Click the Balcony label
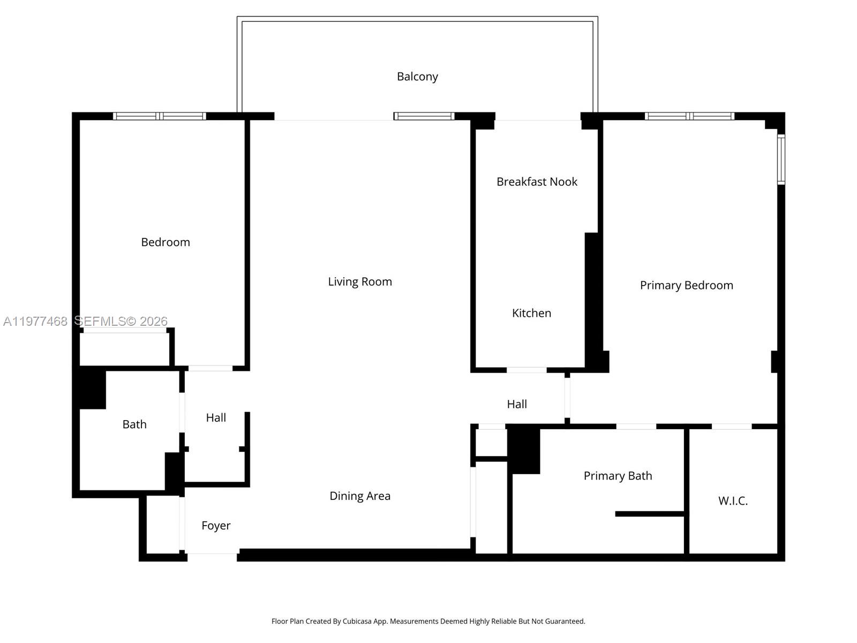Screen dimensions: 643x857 [x=417, y=77]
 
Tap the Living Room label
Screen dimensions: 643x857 [x=360, y=282]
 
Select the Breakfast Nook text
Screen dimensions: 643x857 [x=537, y=182]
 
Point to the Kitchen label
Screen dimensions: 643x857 [x=531, y=313]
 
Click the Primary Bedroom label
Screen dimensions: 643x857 [x=686, y=285]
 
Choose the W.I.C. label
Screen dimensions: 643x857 [x=733, y=501]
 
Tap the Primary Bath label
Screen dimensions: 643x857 [x=618, y=476]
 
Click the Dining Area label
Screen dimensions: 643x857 [x=360, y=496]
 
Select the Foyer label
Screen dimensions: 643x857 [x=216, y=526]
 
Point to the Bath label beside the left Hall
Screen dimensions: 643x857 [x=134, y=424]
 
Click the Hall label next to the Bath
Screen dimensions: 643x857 [x=216, y=417]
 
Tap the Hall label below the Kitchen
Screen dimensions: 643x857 [x=517, y=404]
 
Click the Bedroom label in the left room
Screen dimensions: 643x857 [x=166, y=242]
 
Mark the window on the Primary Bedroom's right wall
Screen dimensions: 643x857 [x=781, y=160]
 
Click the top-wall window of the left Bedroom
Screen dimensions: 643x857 [x=160, y=116]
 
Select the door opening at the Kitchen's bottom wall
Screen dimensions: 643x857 [x=527, y=370]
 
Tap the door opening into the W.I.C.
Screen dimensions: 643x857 [x=732, y=427]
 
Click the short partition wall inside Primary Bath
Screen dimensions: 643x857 [x=650, y=514]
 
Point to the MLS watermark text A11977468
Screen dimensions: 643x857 [x=35, y=321]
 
